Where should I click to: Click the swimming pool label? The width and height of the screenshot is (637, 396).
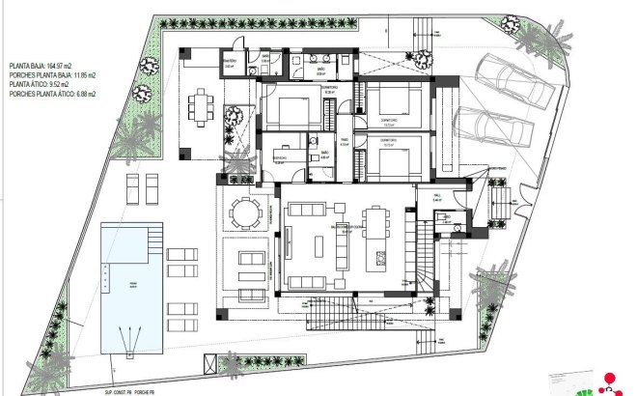click(x=133, y=283)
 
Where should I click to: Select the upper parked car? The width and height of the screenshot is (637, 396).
click(x=516, y=82)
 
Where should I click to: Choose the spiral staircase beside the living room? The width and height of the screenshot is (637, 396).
click(x=425, y=261)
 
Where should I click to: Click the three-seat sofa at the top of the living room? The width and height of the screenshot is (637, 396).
click(x=308, y=210)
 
